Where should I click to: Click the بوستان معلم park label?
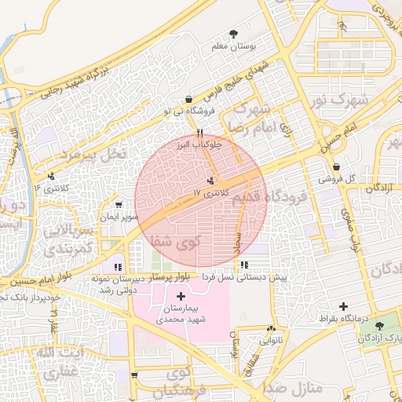pos(235,47)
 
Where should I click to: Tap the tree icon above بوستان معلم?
pos(233,34)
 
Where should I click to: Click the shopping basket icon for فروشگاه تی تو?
pos(188,100)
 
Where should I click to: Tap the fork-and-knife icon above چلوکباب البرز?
pos(201,133)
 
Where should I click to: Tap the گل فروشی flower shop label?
pos(336,179)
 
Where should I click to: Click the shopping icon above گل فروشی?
pos(336,166)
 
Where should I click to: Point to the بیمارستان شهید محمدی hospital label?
pos(180,314)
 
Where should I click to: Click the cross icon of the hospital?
pos(182,296)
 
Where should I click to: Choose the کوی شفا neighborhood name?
pos(188,239)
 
